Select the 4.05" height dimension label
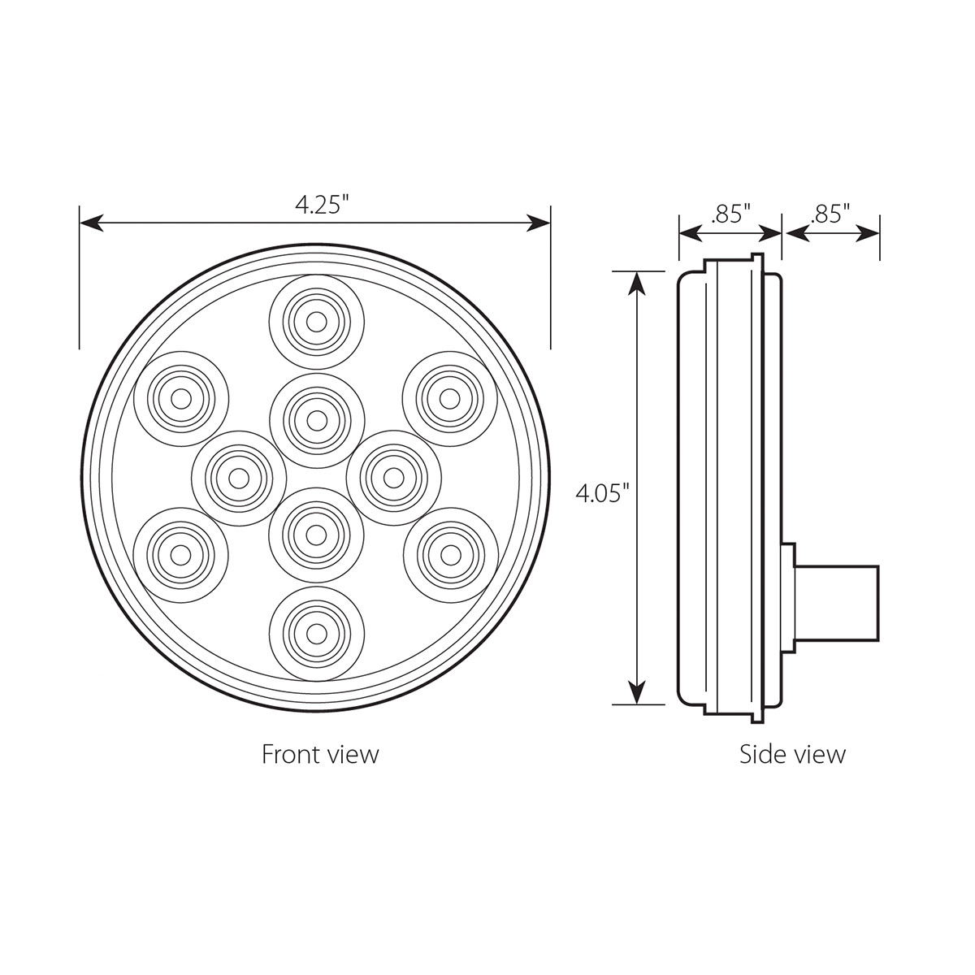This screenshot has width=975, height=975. point(603,492)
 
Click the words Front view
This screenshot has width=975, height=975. point(320,754)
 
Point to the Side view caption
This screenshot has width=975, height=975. point(792,754)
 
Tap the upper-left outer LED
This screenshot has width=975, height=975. point(180,397)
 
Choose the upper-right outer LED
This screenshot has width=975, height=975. point(449,397)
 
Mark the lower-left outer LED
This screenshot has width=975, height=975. point(180,553)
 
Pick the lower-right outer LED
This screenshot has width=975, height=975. point(449,553)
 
